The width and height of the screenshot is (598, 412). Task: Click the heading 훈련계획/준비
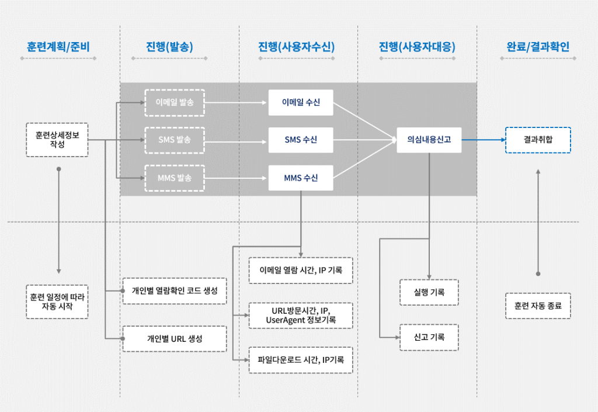58,47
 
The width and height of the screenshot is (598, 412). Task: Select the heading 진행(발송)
169,47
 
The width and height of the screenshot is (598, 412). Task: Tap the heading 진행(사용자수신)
296,47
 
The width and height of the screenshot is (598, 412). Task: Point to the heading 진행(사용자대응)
417,47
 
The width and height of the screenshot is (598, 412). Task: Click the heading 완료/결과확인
538,47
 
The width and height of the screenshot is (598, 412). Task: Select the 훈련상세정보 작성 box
57,140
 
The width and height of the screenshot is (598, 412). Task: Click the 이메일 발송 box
175,103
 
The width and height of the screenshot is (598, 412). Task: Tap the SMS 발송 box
175,140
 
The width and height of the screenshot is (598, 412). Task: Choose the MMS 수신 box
301,178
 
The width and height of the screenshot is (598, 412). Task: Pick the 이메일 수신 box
301,102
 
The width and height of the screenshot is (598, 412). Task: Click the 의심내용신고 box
429,140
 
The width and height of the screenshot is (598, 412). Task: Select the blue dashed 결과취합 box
538,140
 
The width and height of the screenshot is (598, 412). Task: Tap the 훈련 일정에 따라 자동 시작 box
57,302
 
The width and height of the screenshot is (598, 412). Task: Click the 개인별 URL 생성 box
175,339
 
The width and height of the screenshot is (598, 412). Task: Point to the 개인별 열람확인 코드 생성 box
175,290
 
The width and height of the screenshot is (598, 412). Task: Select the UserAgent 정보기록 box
301,316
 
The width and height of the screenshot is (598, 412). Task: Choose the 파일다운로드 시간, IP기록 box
301,360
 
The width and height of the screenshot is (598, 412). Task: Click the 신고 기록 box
429,337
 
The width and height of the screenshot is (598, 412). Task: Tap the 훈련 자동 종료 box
538,306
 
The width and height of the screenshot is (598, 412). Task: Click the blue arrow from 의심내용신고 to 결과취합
484,140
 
